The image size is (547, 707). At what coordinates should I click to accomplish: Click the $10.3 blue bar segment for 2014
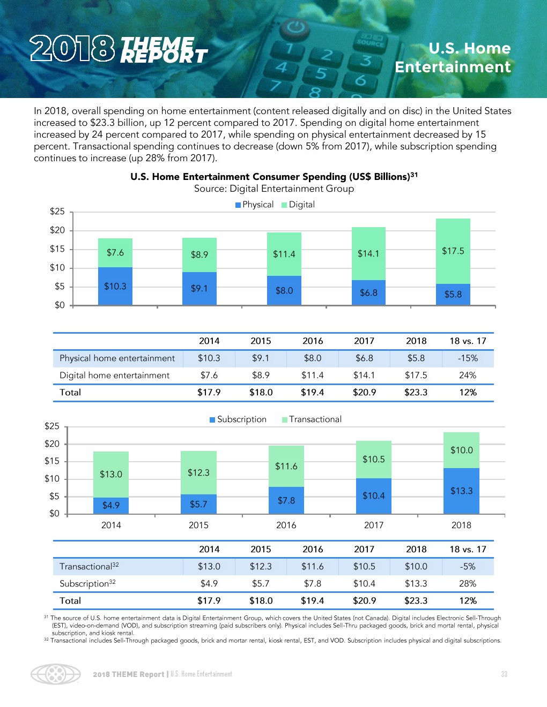[x=115, y=286]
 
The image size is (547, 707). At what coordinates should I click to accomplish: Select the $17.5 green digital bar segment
[x=453, y=251]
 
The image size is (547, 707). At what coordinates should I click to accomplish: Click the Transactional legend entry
[x=312, y=419]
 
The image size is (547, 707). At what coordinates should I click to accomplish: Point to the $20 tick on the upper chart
[x=57, y=230]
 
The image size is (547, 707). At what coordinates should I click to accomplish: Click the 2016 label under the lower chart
[x=286, y=525]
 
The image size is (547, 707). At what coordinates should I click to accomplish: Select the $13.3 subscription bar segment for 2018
[x=461, y=491]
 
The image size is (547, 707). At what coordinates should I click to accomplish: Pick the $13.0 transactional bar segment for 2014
[x=111, y=474]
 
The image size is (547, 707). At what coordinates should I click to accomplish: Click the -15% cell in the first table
[x=468, y=358]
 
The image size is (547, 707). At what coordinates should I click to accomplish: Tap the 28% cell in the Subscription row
[x=468, y=583]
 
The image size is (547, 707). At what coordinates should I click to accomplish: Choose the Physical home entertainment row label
[x=117, y=358]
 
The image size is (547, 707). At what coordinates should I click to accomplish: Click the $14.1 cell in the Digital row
[x=364, y=375]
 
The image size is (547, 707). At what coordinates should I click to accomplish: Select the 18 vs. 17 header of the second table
[x=468, y=549]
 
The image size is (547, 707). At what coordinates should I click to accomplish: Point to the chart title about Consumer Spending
[x=273, y=176]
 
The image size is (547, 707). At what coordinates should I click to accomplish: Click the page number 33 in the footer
[x=504, y=674]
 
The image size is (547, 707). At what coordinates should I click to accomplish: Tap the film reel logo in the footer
[x=56, y=674]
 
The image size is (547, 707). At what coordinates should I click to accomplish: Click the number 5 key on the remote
[x=321, y=73]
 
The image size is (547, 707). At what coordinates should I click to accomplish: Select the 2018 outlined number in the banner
[x=72, y=49]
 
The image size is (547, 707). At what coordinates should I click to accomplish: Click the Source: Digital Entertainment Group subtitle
[x=273, y=189]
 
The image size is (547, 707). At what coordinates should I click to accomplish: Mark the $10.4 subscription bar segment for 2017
[x=374, y=495]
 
